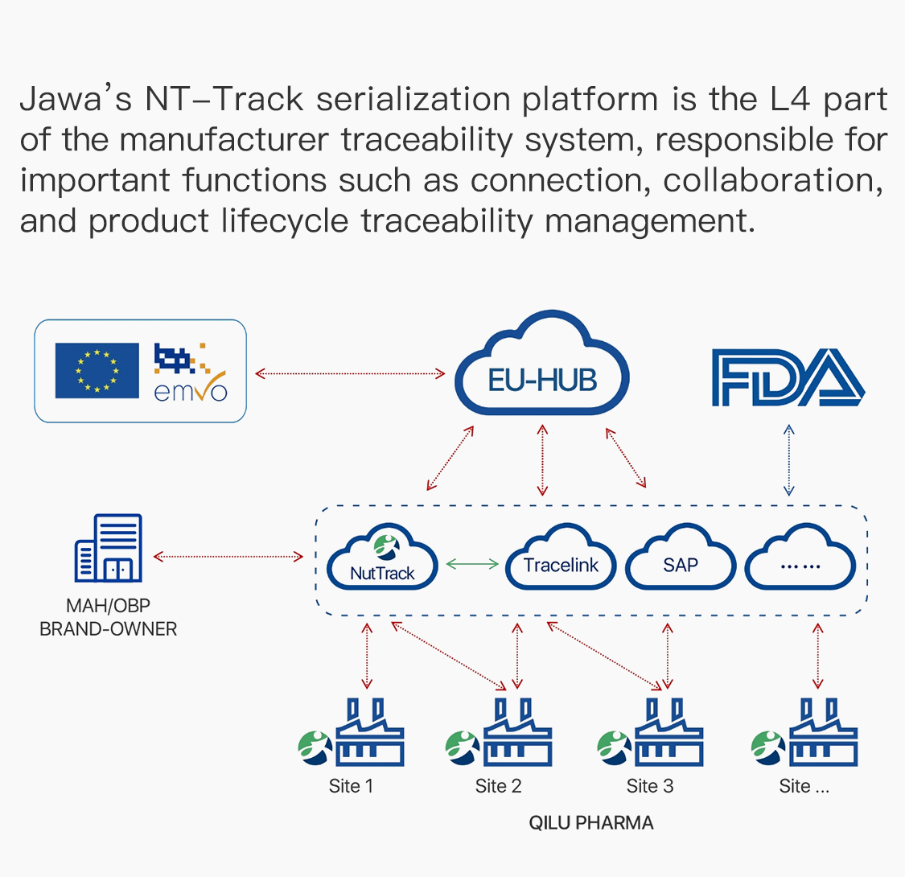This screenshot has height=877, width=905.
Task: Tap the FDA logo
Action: click(788, 377)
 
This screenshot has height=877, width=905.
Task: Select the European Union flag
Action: click(97, 370)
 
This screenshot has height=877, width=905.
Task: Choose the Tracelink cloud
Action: click(561, 559)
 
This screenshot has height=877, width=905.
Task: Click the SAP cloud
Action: click(681, 560)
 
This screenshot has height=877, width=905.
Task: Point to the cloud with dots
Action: click(800, 560)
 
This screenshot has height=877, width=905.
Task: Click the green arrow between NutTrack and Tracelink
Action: click(473, 565)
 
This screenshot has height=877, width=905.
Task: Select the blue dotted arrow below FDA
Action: click(789, 460)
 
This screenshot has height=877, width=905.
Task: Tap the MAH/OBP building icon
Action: click(109, 548)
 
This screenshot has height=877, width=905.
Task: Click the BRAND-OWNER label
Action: click(109, 629)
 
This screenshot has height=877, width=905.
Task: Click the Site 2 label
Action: click(498, 786)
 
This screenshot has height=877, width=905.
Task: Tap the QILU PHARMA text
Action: click(591, 823)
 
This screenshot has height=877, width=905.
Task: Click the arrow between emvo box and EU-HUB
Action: click(350, 373)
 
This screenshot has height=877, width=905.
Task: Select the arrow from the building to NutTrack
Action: click(228, 556)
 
